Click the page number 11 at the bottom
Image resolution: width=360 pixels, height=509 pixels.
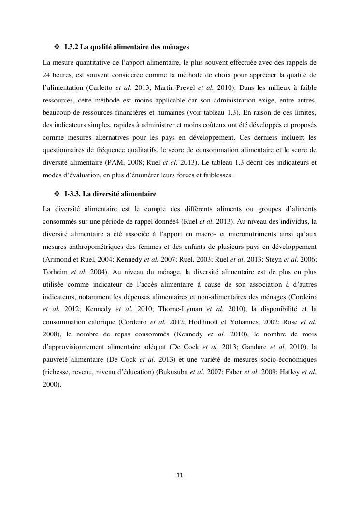[180, 475]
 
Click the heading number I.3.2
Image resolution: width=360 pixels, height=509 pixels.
[72, 47]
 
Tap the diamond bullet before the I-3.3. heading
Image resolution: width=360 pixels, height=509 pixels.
[56, 194]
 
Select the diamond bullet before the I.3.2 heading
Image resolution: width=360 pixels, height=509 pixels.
[56, 47]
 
